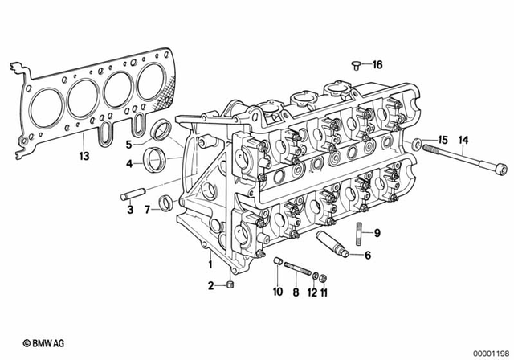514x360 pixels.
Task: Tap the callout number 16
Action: (x=377, y=65)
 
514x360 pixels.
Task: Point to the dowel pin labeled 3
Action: (x=132, y=194)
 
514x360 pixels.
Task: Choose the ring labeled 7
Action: (x=165, y=202)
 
